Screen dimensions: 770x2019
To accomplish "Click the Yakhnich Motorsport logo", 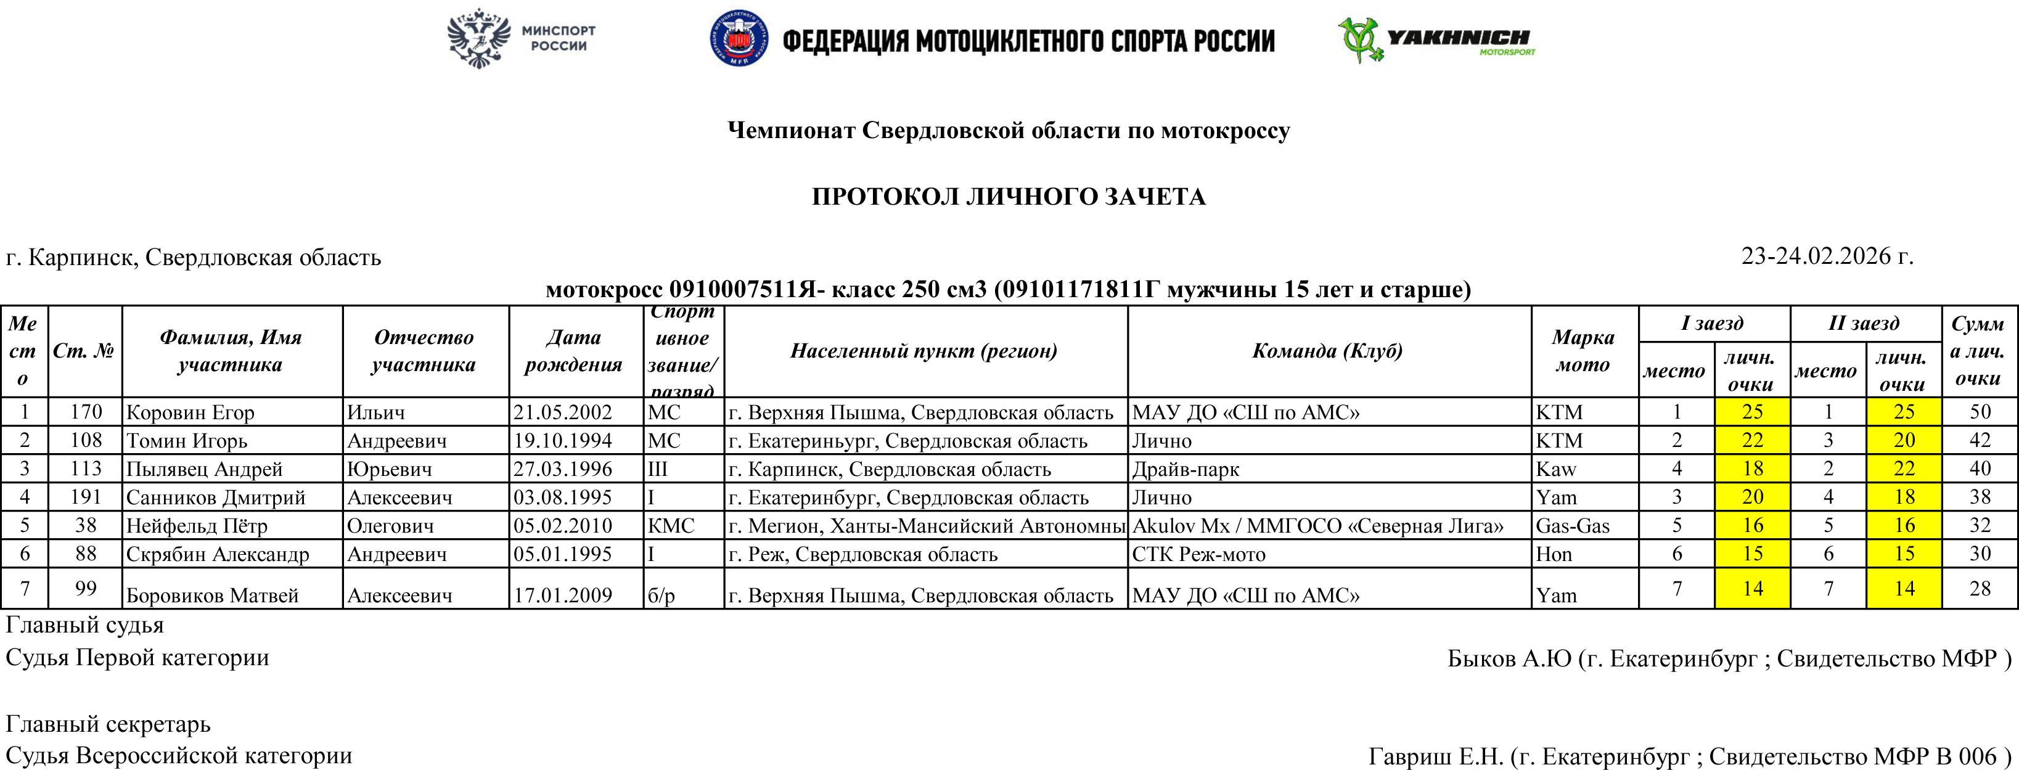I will tap(1436, 39).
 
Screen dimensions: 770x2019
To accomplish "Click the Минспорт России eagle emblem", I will tap(478, 38).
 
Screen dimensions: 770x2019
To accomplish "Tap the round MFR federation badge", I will tap(739, 38).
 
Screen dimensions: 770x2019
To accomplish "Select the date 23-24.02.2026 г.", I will tap(1827, 256).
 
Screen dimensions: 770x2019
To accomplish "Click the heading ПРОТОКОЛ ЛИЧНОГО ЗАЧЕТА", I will tap(1008, 196).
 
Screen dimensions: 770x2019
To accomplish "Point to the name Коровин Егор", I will tap(190, 412).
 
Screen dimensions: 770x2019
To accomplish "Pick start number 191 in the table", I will tap(86, 497).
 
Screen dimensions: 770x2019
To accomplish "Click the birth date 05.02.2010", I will tap(563, 525).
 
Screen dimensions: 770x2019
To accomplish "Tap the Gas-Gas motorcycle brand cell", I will tap(1572, 525).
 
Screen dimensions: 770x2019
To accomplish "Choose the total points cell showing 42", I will tap(1980, 441).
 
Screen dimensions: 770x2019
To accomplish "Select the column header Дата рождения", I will tap(573, 351).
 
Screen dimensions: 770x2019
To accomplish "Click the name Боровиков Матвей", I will tap(213, 595).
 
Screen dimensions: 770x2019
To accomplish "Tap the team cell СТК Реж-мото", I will tap(1198, 554).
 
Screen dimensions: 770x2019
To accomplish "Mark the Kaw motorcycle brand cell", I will tap(1556, 469).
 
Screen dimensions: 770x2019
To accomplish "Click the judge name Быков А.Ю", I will tap(1509, 658).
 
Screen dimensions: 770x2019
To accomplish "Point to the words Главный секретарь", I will tap(108, 723).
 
